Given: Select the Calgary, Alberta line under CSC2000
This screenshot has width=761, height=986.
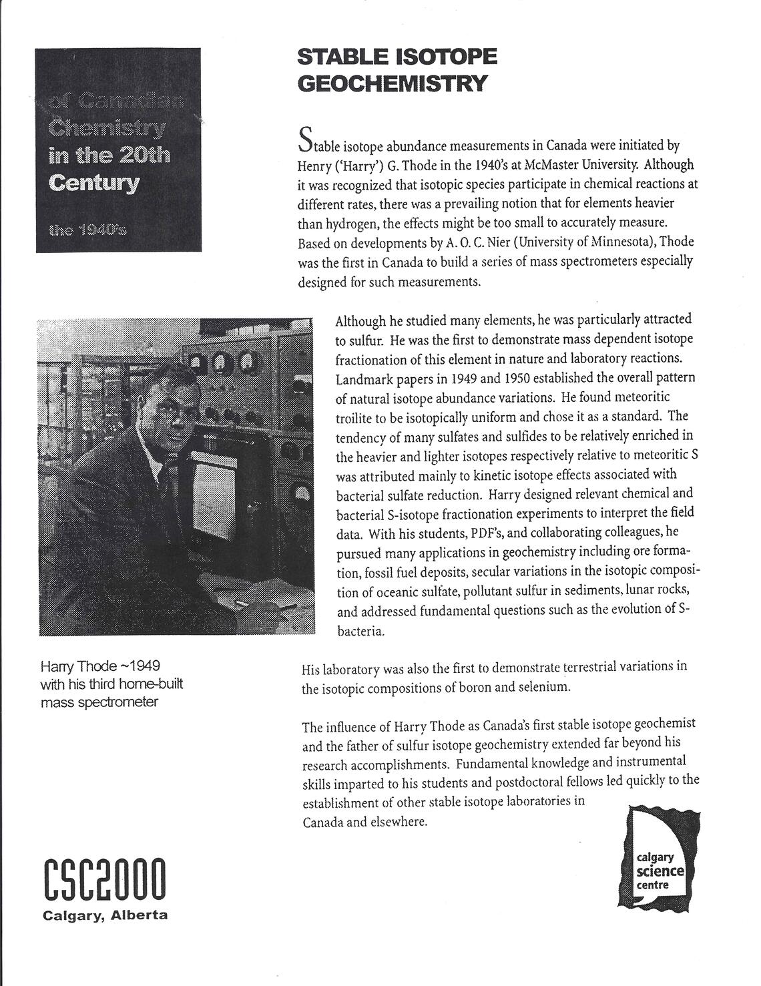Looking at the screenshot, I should (105, 915).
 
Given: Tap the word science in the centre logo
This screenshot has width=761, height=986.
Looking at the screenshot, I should (660, 871).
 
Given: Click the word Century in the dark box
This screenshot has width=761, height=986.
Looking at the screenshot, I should (94, 182).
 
